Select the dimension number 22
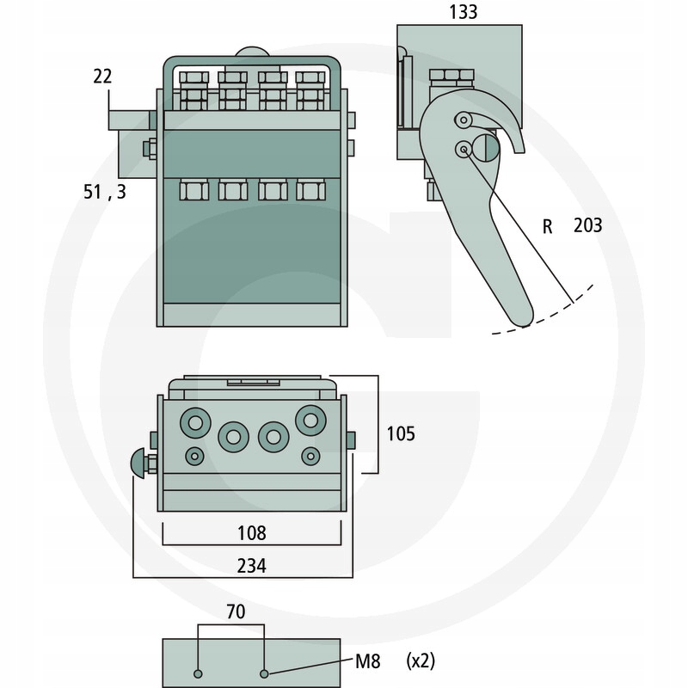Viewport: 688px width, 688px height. tap(102, 77)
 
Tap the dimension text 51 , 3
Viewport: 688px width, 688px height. tap(104, 192)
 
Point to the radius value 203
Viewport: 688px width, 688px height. tap(587, 226)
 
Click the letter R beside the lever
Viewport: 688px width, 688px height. tap(546, 226)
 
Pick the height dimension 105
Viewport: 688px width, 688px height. tap(400, 433)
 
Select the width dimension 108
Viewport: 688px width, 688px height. tap(250, 533)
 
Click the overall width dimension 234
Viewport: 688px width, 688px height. tap(250, 566)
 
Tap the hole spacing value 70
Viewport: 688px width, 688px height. tap(235, 612)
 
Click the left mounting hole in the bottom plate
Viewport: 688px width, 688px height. tap(199, 673)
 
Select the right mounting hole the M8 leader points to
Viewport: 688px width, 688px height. tap(265, 673)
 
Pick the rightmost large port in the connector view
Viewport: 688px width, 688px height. tap(310, 421)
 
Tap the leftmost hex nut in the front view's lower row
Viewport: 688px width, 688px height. tap(193, 189)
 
